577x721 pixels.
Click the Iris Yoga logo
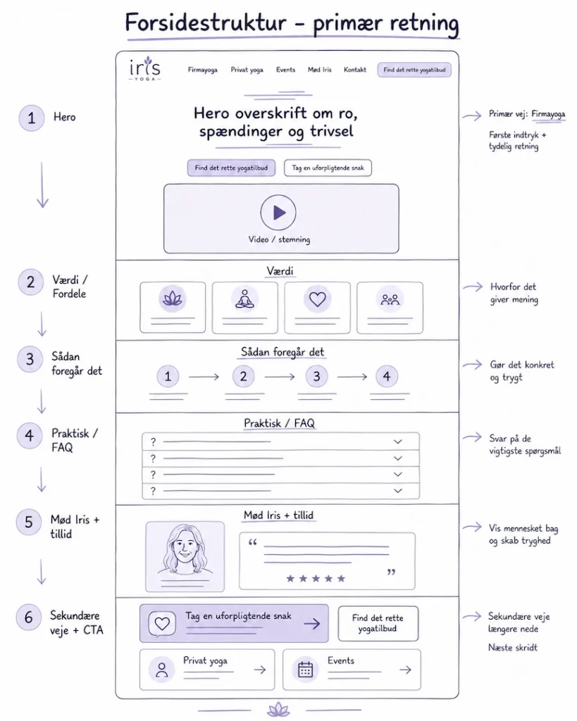pyautogui.click(x=144, y=69)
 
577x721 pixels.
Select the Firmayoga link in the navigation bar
pyautogui.click(x=202, y=70)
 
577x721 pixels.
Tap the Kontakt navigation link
pyautogui.click(x=355, y=70)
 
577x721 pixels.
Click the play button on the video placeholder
pyautogui.click(x=278, y=213)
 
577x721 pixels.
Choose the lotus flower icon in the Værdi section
pyautogui.click(x=173, y=299)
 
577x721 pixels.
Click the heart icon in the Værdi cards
pyautogui.click(x=318, y=299)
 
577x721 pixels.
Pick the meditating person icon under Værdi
pyautogui.click(x=244, y=299)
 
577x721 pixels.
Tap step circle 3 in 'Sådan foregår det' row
pyautogui.click(x=316, y=376)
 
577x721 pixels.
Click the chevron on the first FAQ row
pyautogui.click(x=398, y=442)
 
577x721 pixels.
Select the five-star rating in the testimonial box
pyautogui.click(x=316, y=579)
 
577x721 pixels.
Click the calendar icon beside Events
pyautogui.click(x=305, y=670)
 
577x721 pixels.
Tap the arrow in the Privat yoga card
pyautogui.click(x=260, y=670)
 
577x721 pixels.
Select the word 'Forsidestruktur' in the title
pyautogui.click(x=206, y=23)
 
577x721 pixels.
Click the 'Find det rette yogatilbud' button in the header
pyautogui.click(x=414, y=70)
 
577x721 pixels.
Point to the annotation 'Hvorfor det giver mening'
pyautogui.click(x=514, y=293)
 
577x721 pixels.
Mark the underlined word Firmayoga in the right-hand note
pyautogui.click(x=548, y=114)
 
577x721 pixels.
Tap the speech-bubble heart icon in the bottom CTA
pyautogui.click(x=162, y=624)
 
